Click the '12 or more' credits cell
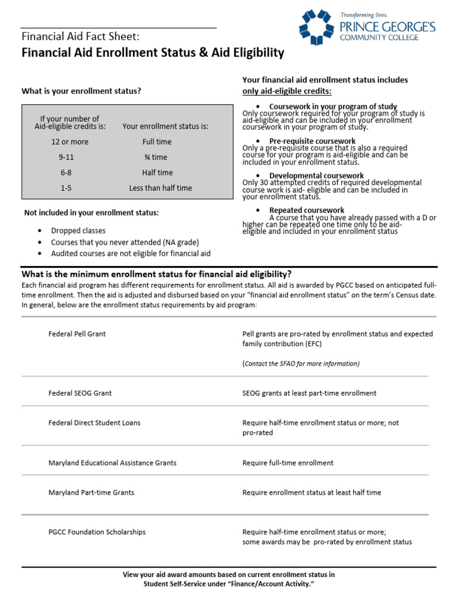tap(70, 142)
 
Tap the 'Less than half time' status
tap(160, 188)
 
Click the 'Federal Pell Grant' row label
tap(77, 334)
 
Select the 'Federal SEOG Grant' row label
tap(80, 393)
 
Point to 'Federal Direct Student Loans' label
tap(94, 422)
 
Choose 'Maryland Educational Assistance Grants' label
tap(112, 463)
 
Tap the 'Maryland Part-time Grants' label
tap(91, 493)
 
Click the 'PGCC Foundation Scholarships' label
tap(97, 532)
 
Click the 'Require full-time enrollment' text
tap(288, 463)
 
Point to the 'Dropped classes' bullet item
tap(78, 231)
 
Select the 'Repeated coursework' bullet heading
tap(307, 211)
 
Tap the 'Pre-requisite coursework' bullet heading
tap(312, 141)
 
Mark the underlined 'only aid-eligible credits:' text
tap(287, 91)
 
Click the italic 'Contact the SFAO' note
tap(301, 364)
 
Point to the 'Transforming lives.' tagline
tap(364, 14)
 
